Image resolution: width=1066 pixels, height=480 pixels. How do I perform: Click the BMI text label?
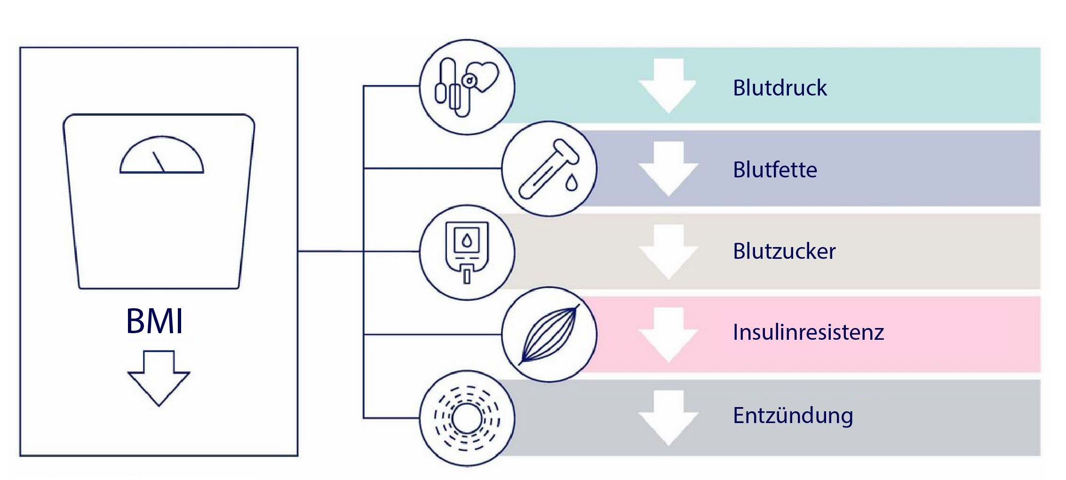point(155,321)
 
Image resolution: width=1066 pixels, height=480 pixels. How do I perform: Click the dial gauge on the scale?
point(161,155)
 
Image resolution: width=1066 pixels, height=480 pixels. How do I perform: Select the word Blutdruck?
point(780,88)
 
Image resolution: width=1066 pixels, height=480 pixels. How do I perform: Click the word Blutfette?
point(775,170)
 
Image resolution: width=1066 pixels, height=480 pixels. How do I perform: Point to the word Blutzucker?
point(784,251)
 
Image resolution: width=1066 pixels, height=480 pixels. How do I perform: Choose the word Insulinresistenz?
point(809,332)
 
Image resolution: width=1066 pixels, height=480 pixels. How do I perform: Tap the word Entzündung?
point(793,416)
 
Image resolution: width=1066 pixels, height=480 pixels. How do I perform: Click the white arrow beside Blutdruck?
point(668,86)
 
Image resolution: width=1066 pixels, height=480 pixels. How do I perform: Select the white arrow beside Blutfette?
point(668,168)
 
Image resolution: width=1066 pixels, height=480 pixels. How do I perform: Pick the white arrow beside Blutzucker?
point(668,252)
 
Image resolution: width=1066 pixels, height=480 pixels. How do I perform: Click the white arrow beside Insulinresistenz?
point(668,335)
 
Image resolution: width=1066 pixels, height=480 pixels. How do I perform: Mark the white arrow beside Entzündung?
point(668,418)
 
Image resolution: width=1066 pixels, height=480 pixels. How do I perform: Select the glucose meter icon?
point(467,252)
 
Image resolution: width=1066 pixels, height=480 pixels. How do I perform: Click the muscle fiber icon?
point(549,335)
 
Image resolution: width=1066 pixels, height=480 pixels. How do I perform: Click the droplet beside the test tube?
point(571,183)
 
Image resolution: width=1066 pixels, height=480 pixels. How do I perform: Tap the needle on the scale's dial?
point(159,162)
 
